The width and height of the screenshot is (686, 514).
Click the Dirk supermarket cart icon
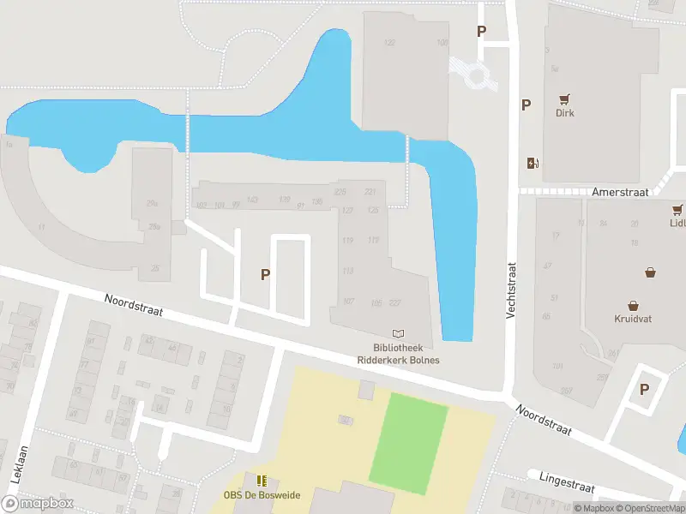pyautogui.click(x=564, y=99)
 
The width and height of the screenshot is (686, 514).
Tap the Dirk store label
pyautogui.click(x=564, y=113)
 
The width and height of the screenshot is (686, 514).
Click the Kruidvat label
pyautogui.click(x=633, y=319)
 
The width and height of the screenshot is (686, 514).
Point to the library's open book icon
pyautogui.click(x=397, y=333)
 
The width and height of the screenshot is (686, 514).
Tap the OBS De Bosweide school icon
pyautogui.click(x=262, y=481)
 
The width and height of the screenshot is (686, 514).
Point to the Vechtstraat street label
pyautogui.click(x=510, y=291)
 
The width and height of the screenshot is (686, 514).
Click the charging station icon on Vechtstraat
pyautogui.click(x=533, y=164)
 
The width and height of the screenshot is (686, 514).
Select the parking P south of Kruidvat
pyautogui.click(x=644, y=390)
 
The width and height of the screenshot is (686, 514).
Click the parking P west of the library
pyautogui.click(x=266, y=274)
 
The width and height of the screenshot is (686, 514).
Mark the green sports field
pyautogui.click(x=408, y=443)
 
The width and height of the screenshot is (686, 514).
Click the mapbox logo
pyautogui.click(x=38, y=503)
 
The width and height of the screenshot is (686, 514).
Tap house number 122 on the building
pyautogui.click(x=389, y=43)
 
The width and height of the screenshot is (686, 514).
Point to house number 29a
pyautogui.click(x=153, y=203)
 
